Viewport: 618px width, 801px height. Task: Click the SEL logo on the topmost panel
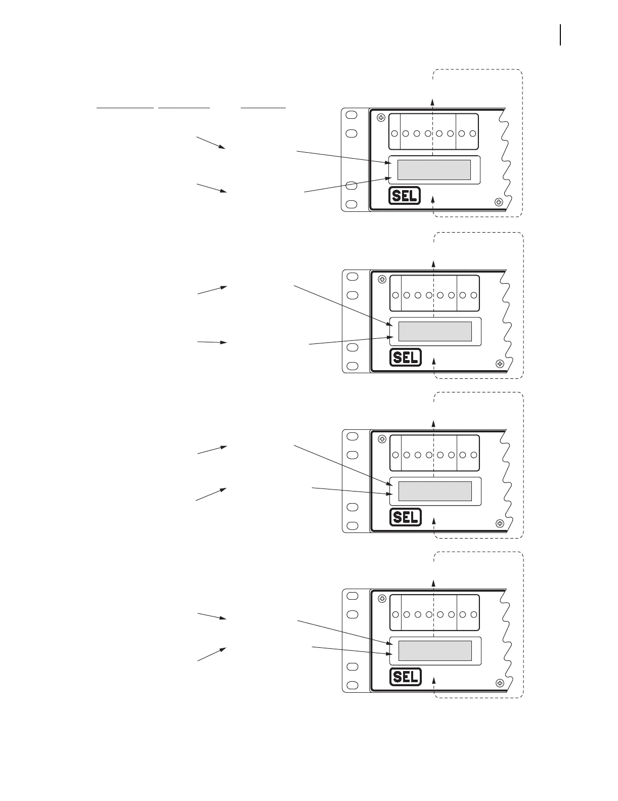[x=405, y=196]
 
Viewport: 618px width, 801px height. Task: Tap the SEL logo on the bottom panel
[x=406, y=677]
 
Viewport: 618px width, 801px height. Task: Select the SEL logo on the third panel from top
[x=406, y=517]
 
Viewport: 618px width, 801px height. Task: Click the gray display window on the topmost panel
[x=434, y=170]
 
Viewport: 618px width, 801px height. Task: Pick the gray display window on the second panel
[x=435, y=331]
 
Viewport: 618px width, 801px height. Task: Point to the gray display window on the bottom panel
[x=435, y=651]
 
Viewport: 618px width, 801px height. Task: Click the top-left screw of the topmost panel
[x=381, y=118]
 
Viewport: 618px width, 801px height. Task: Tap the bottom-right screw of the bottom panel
[x=500, y=683]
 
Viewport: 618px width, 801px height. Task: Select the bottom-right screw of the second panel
[x=500, y=364]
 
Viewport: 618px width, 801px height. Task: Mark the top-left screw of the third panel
[x=382, y=439]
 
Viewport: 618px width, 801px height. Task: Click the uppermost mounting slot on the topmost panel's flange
[x=351, y=115]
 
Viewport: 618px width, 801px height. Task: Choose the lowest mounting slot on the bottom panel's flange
[x=352, y=685]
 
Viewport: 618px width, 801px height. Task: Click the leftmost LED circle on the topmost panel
[x=394, y=134]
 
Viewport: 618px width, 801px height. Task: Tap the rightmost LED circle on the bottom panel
[x=474, y=614]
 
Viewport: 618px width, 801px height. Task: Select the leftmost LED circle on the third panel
[x=395, y=455]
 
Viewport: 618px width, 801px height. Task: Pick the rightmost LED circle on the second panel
[x=474, y=295]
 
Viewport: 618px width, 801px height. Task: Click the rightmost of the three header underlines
[x=263, y=108]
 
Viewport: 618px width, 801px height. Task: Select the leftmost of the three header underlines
[x=125, y=108]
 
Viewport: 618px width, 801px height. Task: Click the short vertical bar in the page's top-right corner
[x=560, y=35]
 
